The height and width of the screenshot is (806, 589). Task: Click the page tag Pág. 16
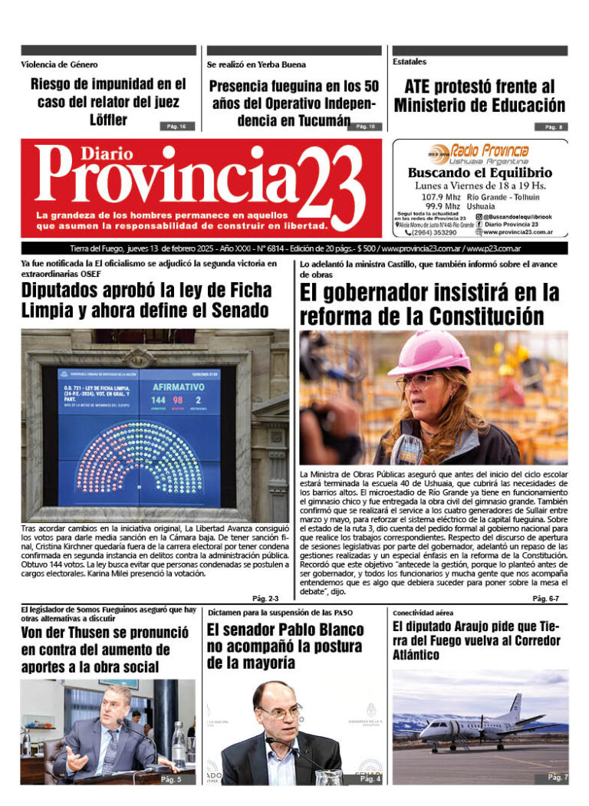click(177, 126)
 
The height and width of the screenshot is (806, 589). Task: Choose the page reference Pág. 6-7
click(546, 597)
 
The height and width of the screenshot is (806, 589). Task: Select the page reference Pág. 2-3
click(265, 598)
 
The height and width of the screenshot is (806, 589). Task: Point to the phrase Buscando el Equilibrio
click(480, 173)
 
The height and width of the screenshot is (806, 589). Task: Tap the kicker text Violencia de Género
click(59, 64)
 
